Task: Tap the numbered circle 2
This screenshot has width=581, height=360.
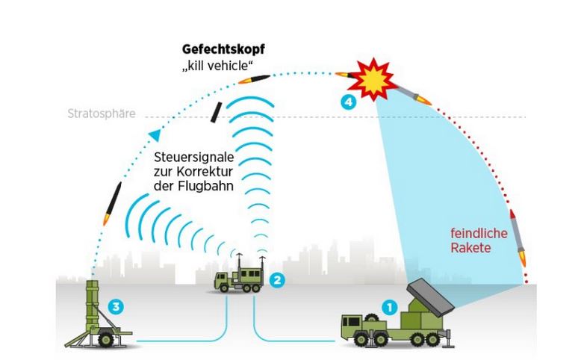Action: click(277, 281)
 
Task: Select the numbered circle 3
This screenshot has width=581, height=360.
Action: click(114, 306)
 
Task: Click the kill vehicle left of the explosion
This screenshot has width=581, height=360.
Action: click(346, 75)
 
